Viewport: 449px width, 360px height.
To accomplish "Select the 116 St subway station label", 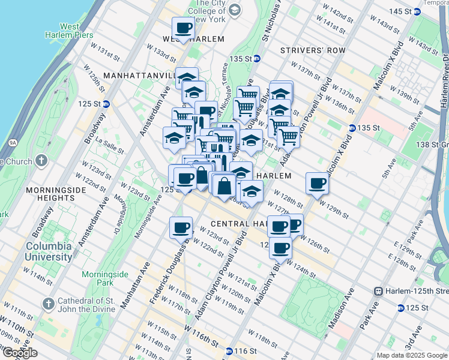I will (243, 351).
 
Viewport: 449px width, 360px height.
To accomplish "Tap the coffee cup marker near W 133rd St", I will (184, 27).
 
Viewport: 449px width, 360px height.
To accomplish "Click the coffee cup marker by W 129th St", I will (317, 183).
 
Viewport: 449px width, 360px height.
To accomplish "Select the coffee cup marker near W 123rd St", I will (181, 227).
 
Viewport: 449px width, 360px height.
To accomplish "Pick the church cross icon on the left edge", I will (40, 160).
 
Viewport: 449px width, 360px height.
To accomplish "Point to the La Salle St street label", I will (109, 147).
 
